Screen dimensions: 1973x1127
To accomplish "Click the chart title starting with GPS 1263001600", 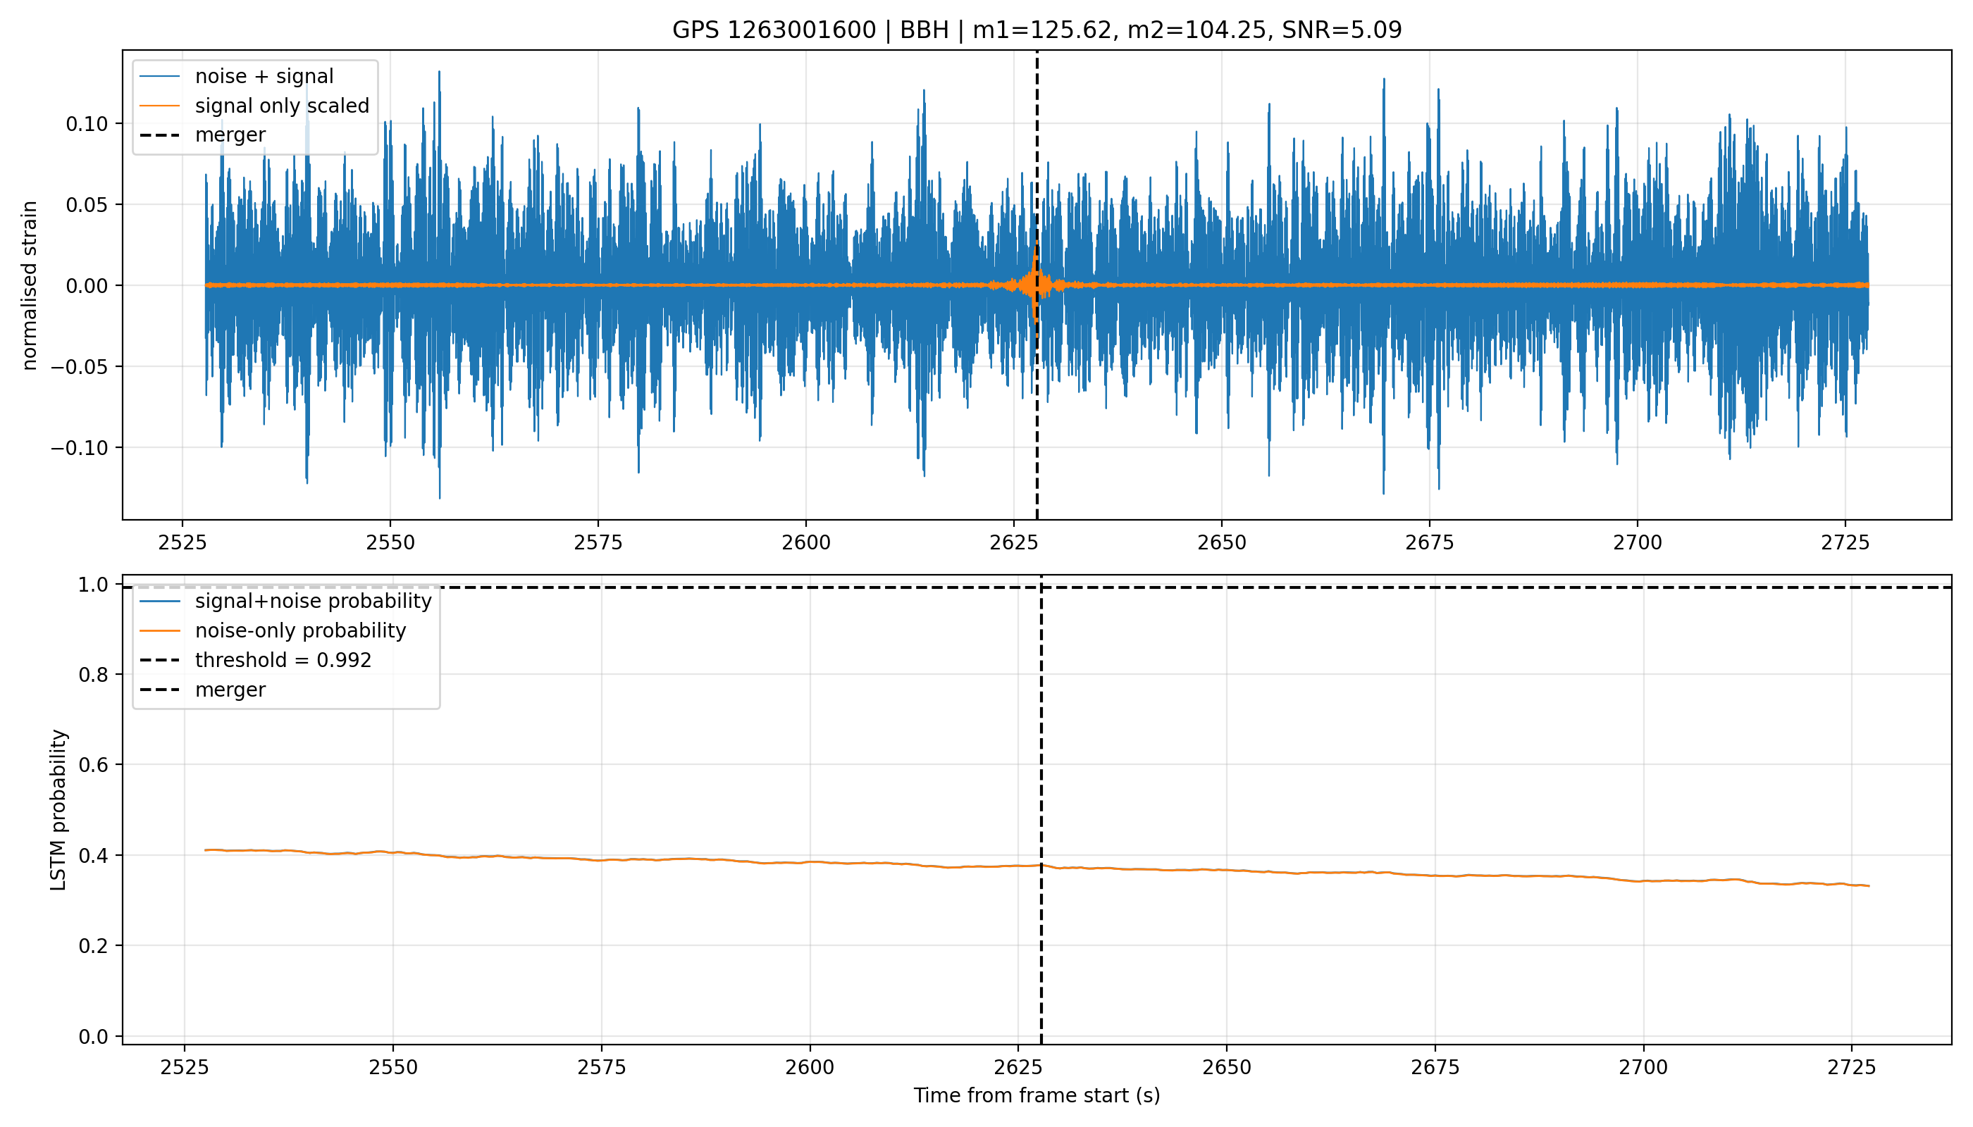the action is coord(1036,30).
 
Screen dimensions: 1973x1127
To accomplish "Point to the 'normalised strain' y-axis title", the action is coord(30,285).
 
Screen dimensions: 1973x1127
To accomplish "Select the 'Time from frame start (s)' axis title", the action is coord(1036,1095).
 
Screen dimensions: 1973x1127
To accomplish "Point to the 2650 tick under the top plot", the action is coord(1222,542).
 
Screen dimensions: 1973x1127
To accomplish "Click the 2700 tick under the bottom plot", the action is coord(1643,1067).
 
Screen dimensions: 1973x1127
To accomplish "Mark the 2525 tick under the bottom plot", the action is coord(185,1067).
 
